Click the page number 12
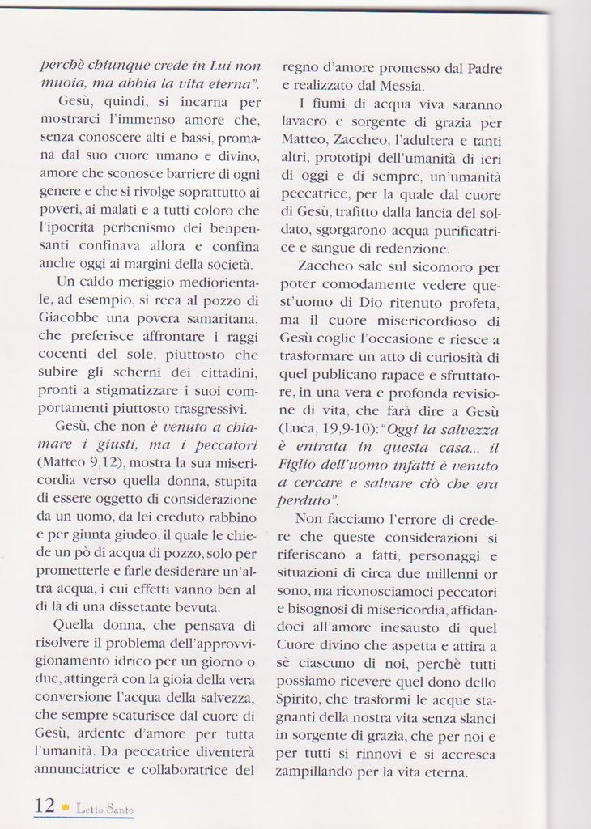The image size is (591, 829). pyautogui.click(x=45, y=806)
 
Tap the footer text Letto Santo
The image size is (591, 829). pyautogui.click(x=105, y=809)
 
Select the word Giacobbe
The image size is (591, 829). pyautogui.click(x=68, y=317)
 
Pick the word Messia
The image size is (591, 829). pyautogui.click(x=404, y=85)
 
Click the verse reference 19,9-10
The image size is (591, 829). pyautogui.click(x=348, y=429)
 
